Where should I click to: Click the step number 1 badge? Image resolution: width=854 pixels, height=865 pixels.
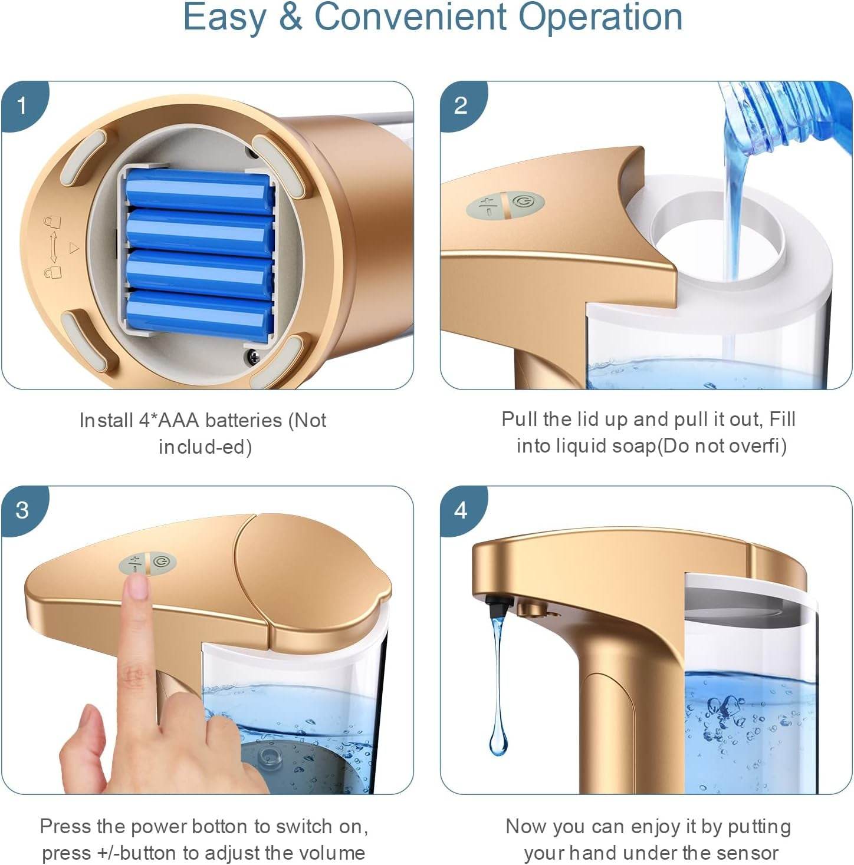22,106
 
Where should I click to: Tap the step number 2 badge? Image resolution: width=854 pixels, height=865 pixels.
461,106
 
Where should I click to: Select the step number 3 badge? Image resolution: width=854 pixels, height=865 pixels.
22,510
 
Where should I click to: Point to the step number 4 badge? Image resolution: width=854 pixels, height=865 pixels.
461,510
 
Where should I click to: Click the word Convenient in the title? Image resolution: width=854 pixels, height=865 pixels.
411,17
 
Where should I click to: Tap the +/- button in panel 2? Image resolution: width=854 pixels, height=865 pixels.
485,206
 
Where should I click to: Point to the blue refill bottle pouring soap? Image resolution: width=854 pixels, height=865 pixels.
787,117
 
